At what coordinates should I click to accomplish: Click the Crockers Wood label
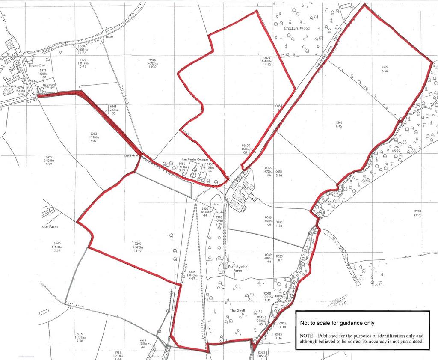(296, 28)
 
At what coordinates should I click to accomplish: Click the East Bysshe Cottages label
(192, 159)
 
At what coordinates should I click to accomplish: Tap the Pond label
(216, 205)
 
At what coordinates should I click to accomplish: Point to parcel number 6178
(83, 60)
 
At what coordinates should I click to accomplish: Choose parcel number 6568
(113, 106)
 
